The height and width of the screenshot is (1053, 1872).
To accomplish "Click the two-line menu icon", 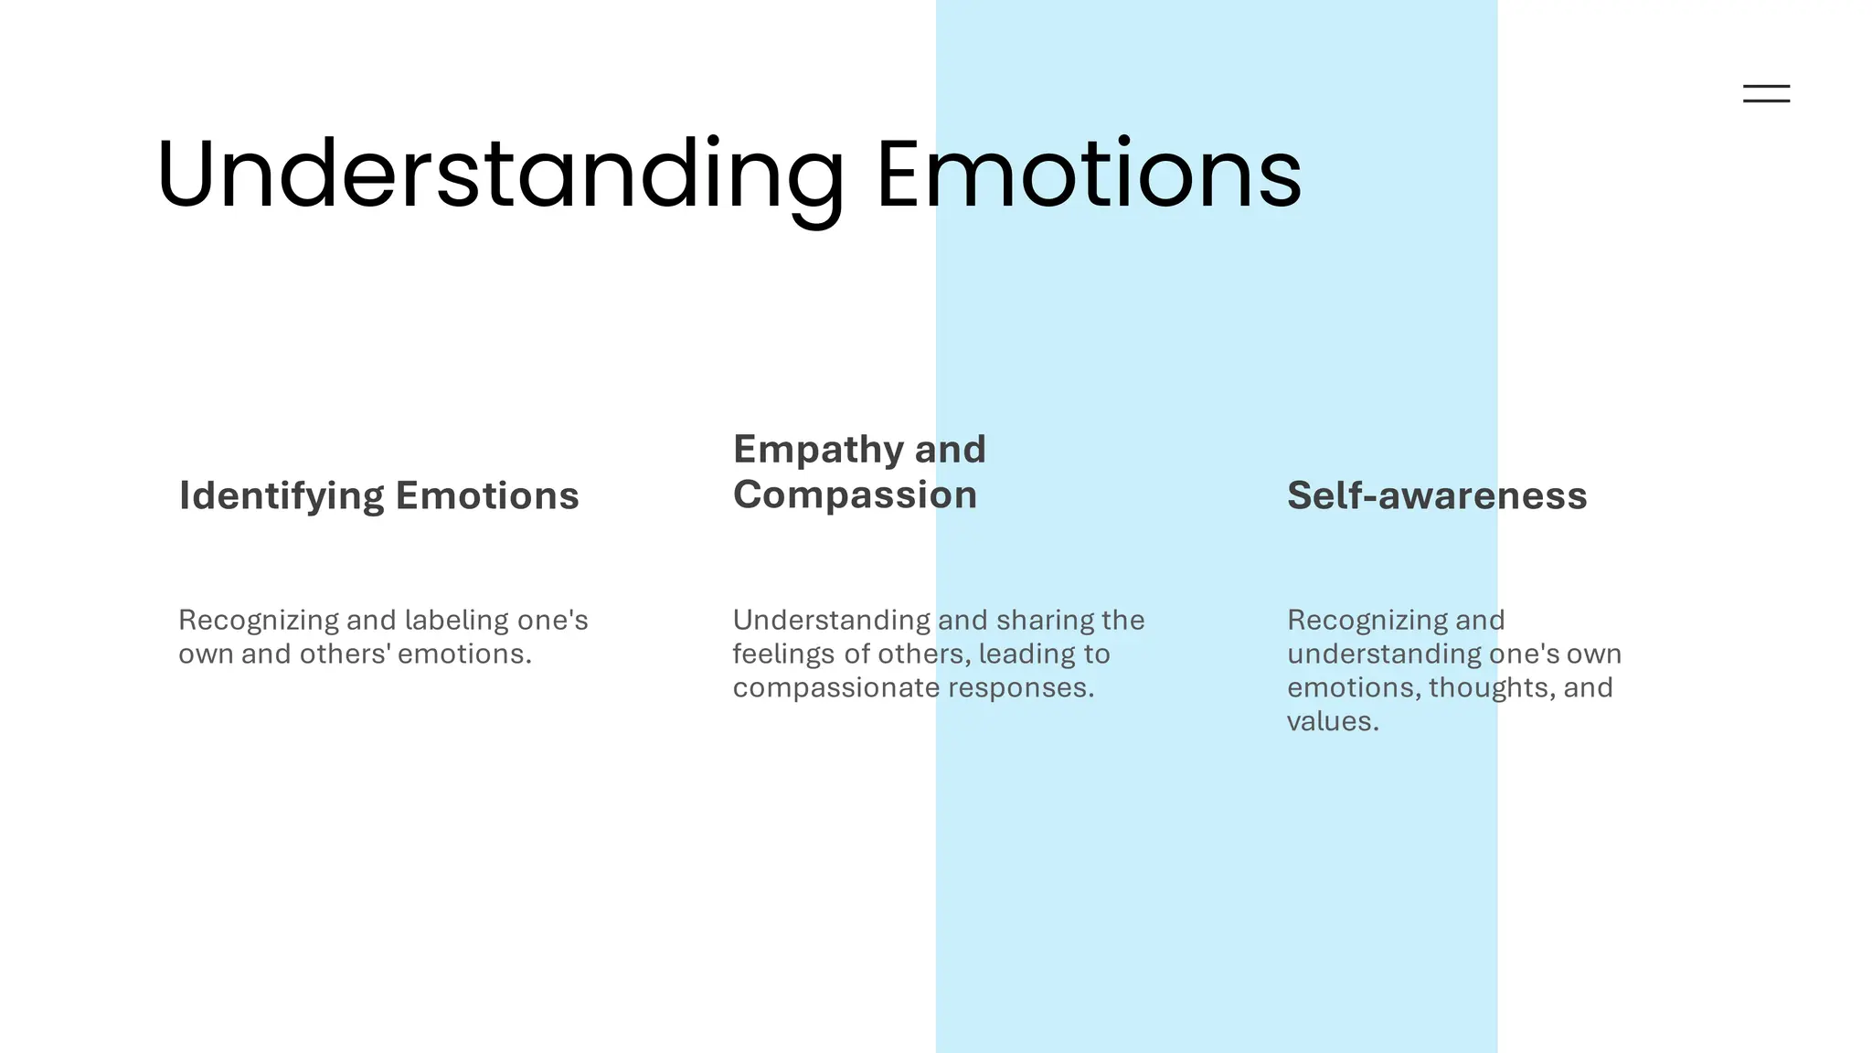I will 1766,93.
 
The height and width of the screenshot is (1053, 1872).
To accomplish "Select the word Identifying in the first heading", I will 282,496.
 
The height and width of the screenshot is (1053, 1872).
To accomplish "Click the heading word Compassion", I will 855,495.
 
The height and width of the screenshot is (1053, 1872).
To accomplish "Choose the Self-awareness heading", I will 1437,495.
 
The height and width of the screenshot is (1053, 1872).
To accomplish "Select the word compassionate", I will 836,687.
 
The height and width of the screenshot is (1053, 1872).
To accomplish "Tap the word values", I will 1332,721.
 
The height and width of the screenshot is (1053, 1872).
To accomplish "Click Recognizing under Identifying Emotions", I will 259,621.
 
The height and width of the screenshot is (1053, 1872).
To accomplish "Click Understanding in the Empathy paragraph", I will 831,620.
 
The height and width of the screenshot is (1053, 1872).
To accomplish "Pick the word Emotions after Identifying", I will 487,496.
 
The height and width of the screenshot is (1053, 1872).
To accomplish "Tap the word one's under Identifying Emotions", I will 553,620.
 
